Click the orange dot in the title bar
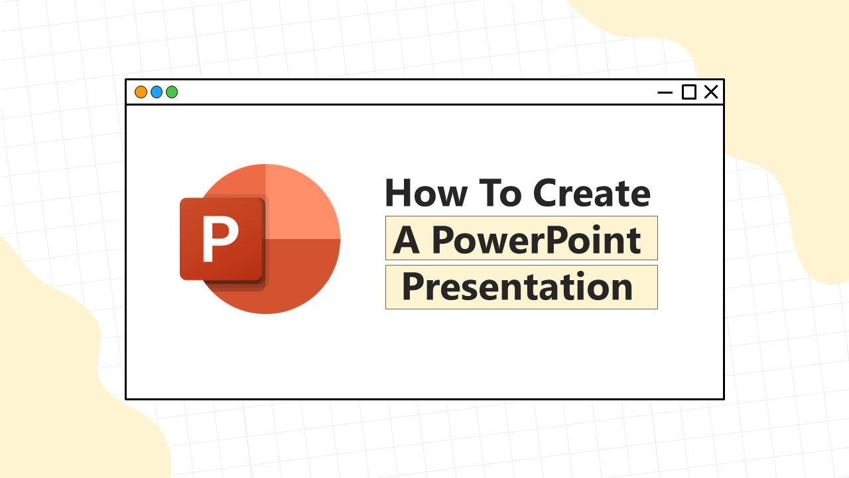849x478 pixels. coord(141,92)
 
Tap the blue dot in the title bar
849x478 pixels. coord(157,92)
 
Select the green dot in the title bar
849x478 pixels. coord(172,92)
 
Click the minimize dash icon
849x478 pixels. coord(665,92)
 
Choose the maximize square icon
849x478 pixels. coord(688,92)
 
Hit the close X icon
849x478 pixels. coord(711,92)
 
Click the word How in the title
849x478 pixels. coord(426,193)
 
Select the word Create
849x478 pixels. coord(592,193)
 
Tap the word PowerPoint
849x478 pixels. coord(537,240)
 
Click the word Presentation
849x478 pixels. coord(517,286)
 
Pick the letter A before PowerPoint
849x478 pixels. coord(407,240)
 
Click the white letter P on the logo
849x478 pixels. coord(220,238)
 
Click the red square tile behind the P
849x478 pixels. coord(222,238)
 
